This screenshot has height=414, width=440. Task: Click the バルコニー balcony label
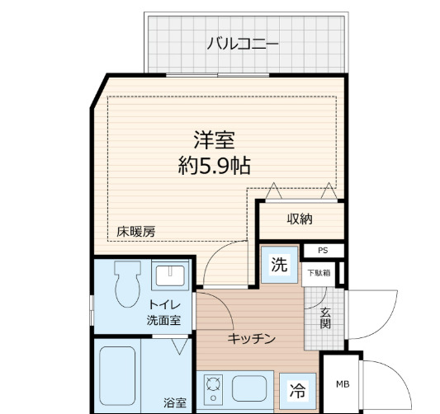pyautogui.click(x=243, y=43)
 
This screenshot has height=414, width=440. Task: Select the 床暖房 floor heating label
pyautogui.click(x=135, y=232)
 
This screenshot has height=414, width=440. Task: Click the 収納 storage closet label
pyautogui.click(x=300, y=219)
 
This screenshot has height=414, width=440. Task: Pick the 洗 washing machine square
pyautogui.click(x=280, y=266)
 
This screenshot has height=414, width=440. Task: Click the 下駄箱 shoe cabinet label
pyautogui.click(x=319, y=272)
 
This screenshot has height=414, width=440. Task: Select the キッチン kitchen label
pyautogui.click(x=251, y=338)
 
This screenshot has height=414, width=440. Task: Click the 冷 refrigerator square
pyautogui.click(x=296, y=389)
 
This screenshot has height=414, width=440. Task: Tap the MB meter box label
pyautogui.click(x=342, y=383)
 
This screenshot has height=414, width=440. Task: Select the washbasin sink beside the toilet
pyautogui.click(x=173, y=276)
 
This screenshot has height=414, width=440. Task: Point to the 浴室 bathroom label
pyautogui.click(x=174, y=402)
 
